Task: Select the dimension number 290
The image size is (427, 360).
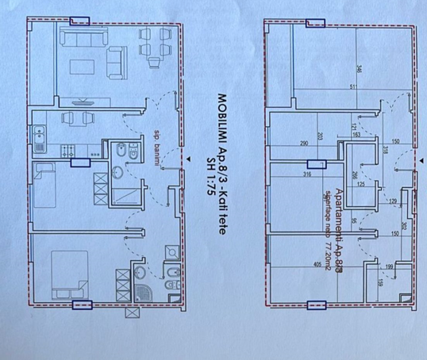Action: pyautogui.click(x=304, y=144)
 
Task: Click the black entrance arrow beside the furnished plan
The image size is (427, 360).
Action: pyautogui.click(x=189, y=162)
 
